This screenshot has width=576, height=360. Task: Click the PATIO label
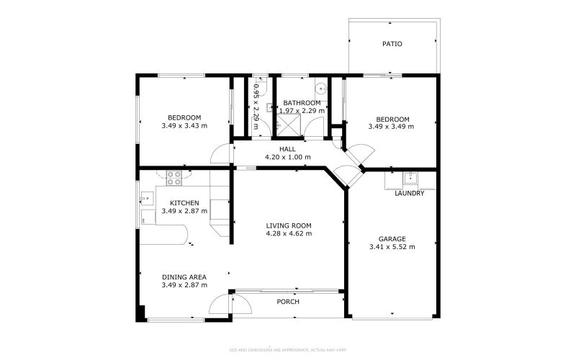pyautogui.click(x=392, y=44)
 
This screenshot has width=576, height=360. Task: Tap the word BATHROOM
pyautogui.click(x=302, y=103)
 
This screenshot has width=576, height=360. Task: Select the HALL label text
pyautogui.click(x=288, y=149)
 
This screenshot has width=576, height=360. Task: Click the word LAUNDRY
pyautogui.click(x=410, y=193)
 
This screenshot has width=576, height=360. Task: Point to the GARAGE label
pyautogui.click(x=392, y=239)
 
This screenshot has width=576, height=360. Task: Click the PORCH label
pyautogui.click(x=288, y=302)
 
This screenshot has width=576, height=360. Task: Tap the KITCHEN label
pyautogui.click(x=184, y=203)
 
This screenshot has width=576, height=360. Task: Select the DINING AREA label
pyautogui.click(x=184, y=277)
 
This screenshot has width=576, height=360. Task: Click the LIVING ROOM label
pyautogui.click(x=288, y=225)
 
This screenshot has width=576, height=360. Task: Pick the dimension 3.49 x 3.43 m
pyautogui.click(x=184, y=126)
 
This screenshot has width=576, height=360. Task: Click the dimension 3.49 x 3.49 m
pyautogui.click(x=391, y=127)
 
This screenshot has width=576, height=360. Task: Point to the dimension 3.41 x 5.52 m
pyautogui.click(x=392, y=247)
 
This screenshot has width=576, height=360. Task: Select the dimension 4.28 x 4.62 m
pyautogui.click(x=288, y=233)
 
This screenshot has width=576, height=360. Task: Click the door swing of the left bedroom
pyautogui.click(x=222, y=155)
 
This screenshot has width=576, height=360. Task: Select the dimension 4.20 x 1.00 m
pyautogui.click(x=288, y=157)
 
